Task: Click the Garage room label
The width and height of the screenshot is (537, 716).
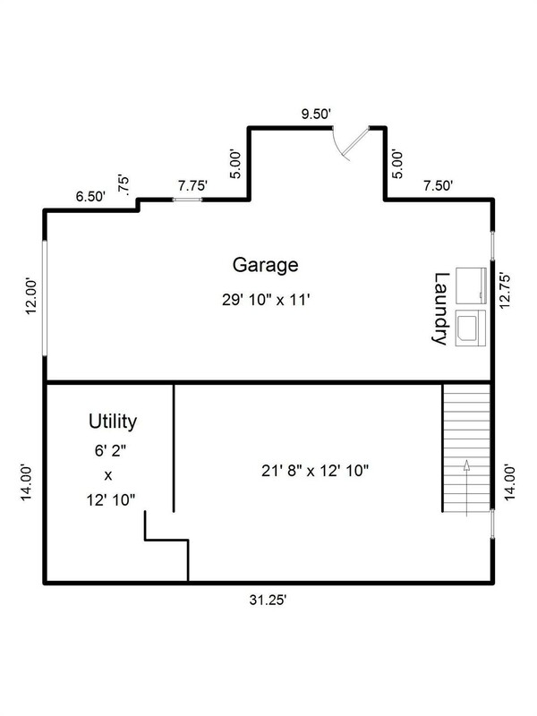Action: [265, 265]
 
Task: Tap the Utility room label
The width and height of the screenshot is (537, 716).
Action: [113, 422]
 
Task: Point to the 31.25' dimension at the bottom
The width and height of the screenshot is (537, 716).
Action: [268, 600]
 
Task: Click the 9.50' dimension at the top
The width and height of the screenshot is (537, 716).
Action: [316, 114]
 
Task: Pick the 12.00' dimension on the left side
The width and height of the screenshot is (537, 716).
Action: [30, 296]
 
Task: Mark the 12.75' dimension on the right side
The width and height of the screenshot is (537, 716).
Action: [505, 291]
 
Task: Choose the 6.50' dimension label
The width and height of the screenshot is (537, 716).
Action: [90, 197]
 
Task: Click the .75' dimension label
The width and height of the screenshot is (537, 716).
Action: [124, 185]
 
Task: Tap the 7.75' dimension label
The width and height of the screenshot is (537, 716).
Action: [192, 186]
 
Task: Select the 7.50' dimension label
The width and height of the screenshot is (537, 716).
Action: [438, 186]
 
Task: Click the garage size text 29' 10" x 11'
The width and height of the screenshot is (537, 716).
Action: [266, 300]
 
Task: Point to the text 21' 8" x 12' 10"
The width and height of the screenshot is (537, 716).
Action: [315, 471]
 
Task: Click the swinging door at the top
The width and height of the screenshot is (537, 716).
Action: [354, 142]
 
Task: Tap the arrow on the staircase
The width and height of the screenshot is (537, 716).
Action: [466, 488]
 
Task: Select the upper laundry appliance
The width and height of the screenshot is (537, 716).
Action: [471, 286]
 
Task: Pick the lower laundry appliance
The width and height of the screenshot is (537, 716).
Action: [471, 328]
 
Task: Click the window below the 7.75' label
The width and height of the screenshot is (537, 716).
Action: [187, 200]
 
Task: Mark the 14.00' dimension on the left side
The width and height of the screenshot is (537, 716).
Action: [26, 482]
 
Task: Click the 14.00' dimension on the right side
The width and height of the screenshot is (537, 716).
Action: [509, 482]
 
